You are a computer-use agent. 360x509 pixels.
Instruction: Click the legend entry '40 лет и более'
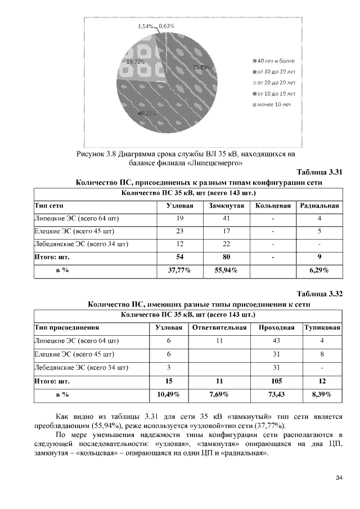click(x=275, y=61)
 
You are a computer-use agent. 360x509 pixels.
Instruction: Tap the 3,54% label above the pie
click(x=146, y=26)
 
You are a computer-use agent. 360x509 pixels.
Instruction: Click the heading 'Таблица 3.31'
click(x=319, y=173)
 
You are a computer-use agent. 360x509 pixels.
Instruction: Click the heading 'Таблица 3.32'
click(x=319, y=294)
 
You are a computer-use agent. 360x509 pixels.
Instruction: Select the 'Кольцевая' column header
click(x=273, y=206)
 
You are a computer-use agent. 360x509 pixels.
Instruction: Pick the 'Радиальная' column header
click(x=319, y=206)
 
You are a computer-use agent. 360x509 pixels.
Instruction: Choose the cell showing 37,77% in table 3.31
click(x=180, y=271)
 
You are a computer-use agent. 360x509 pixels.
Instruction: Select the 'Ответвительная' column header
click(x=219, y=327)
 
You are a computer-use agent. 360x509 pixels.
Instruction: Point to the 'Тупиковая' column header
click(x=322, y=327)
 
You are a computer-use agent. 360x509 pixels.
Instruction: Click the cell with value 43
click(x=276, y=340)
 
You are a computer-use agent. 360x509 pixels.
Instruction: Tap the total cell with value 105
click(x=276, y=381)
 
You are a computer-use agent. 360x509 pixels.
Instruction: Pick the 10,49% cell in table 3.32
click(x=168, y=394)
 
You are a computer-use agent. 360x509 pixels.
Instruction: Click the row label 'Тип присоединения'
click(x=67, y=327)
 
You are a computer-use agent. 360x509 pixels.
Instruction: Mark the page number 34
click(x=339, y=478)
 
